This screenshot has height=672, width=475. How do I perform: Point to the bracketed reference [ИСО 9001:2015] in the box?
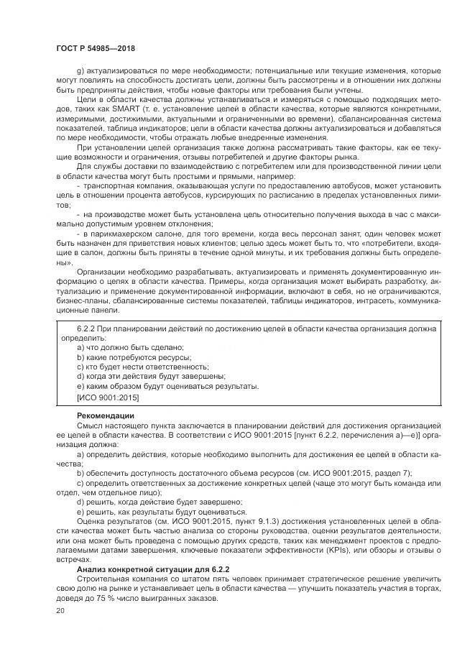pyautogui.click(x=108, y=397)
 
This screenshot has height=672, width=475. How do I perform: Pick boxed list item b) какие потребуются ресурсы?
pyautogui.click(x=134, y=357)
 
